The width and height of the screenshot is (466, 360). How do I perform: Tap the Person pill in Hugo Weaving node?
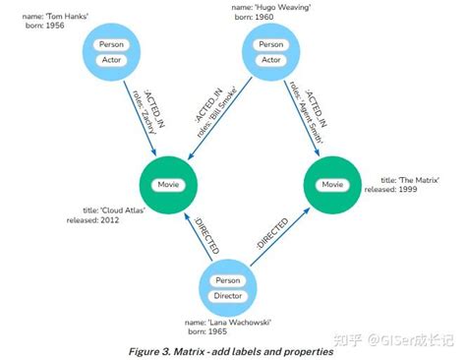(269, 44)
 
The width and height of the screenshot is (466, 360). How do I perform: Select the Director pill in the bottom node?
(228, 296)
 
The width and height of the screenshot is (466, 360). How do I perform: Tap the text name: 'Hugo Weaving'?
(268, 7)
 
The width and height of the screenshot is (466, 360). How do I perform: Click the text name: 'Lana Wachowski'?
(230, 322)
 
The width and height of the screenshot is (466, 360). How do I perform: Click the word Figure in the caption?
(150, 350)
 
